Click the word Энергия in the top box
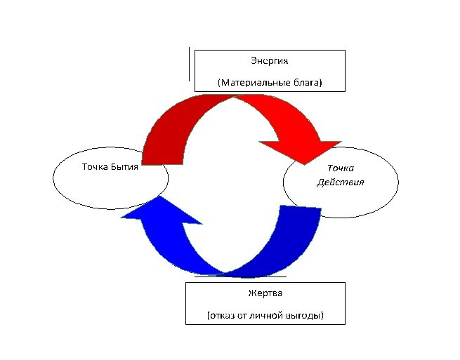(270, 61)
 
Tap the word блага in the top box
(306, 83)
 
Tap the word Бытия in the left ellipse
(124, 168)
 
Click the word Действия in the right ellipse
(341, 182)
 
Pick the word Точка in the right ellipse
(341, 168)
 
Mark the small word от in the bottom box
(244, 316)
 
